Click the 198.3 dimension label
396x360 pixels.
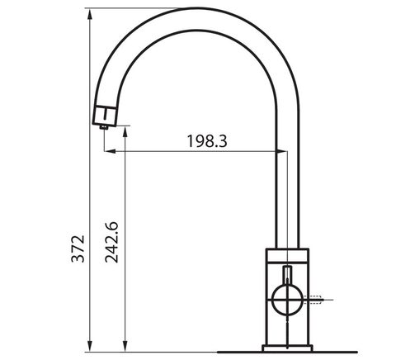(x=207, y=141)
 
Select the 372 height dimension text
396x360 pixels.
(x=78, y=249)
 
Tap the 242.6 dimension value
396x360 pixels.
(x=111, y=242)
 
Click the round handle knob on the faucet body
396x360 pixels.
(x=287, y=300)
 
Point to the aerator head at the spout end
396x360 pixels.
(x=105, y=116)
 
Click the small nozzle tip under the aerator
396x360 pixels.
(x=104, y=127)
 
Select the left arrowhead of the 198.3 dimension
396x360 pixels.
(x=110, y=151)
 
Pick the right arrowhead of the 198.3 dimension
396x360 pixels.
(x=281, y=151)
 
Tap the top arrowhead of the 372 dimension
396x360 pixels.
(x=90, y=14)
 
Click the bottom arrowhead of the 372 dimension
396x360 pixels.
(x=90, y=346)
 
